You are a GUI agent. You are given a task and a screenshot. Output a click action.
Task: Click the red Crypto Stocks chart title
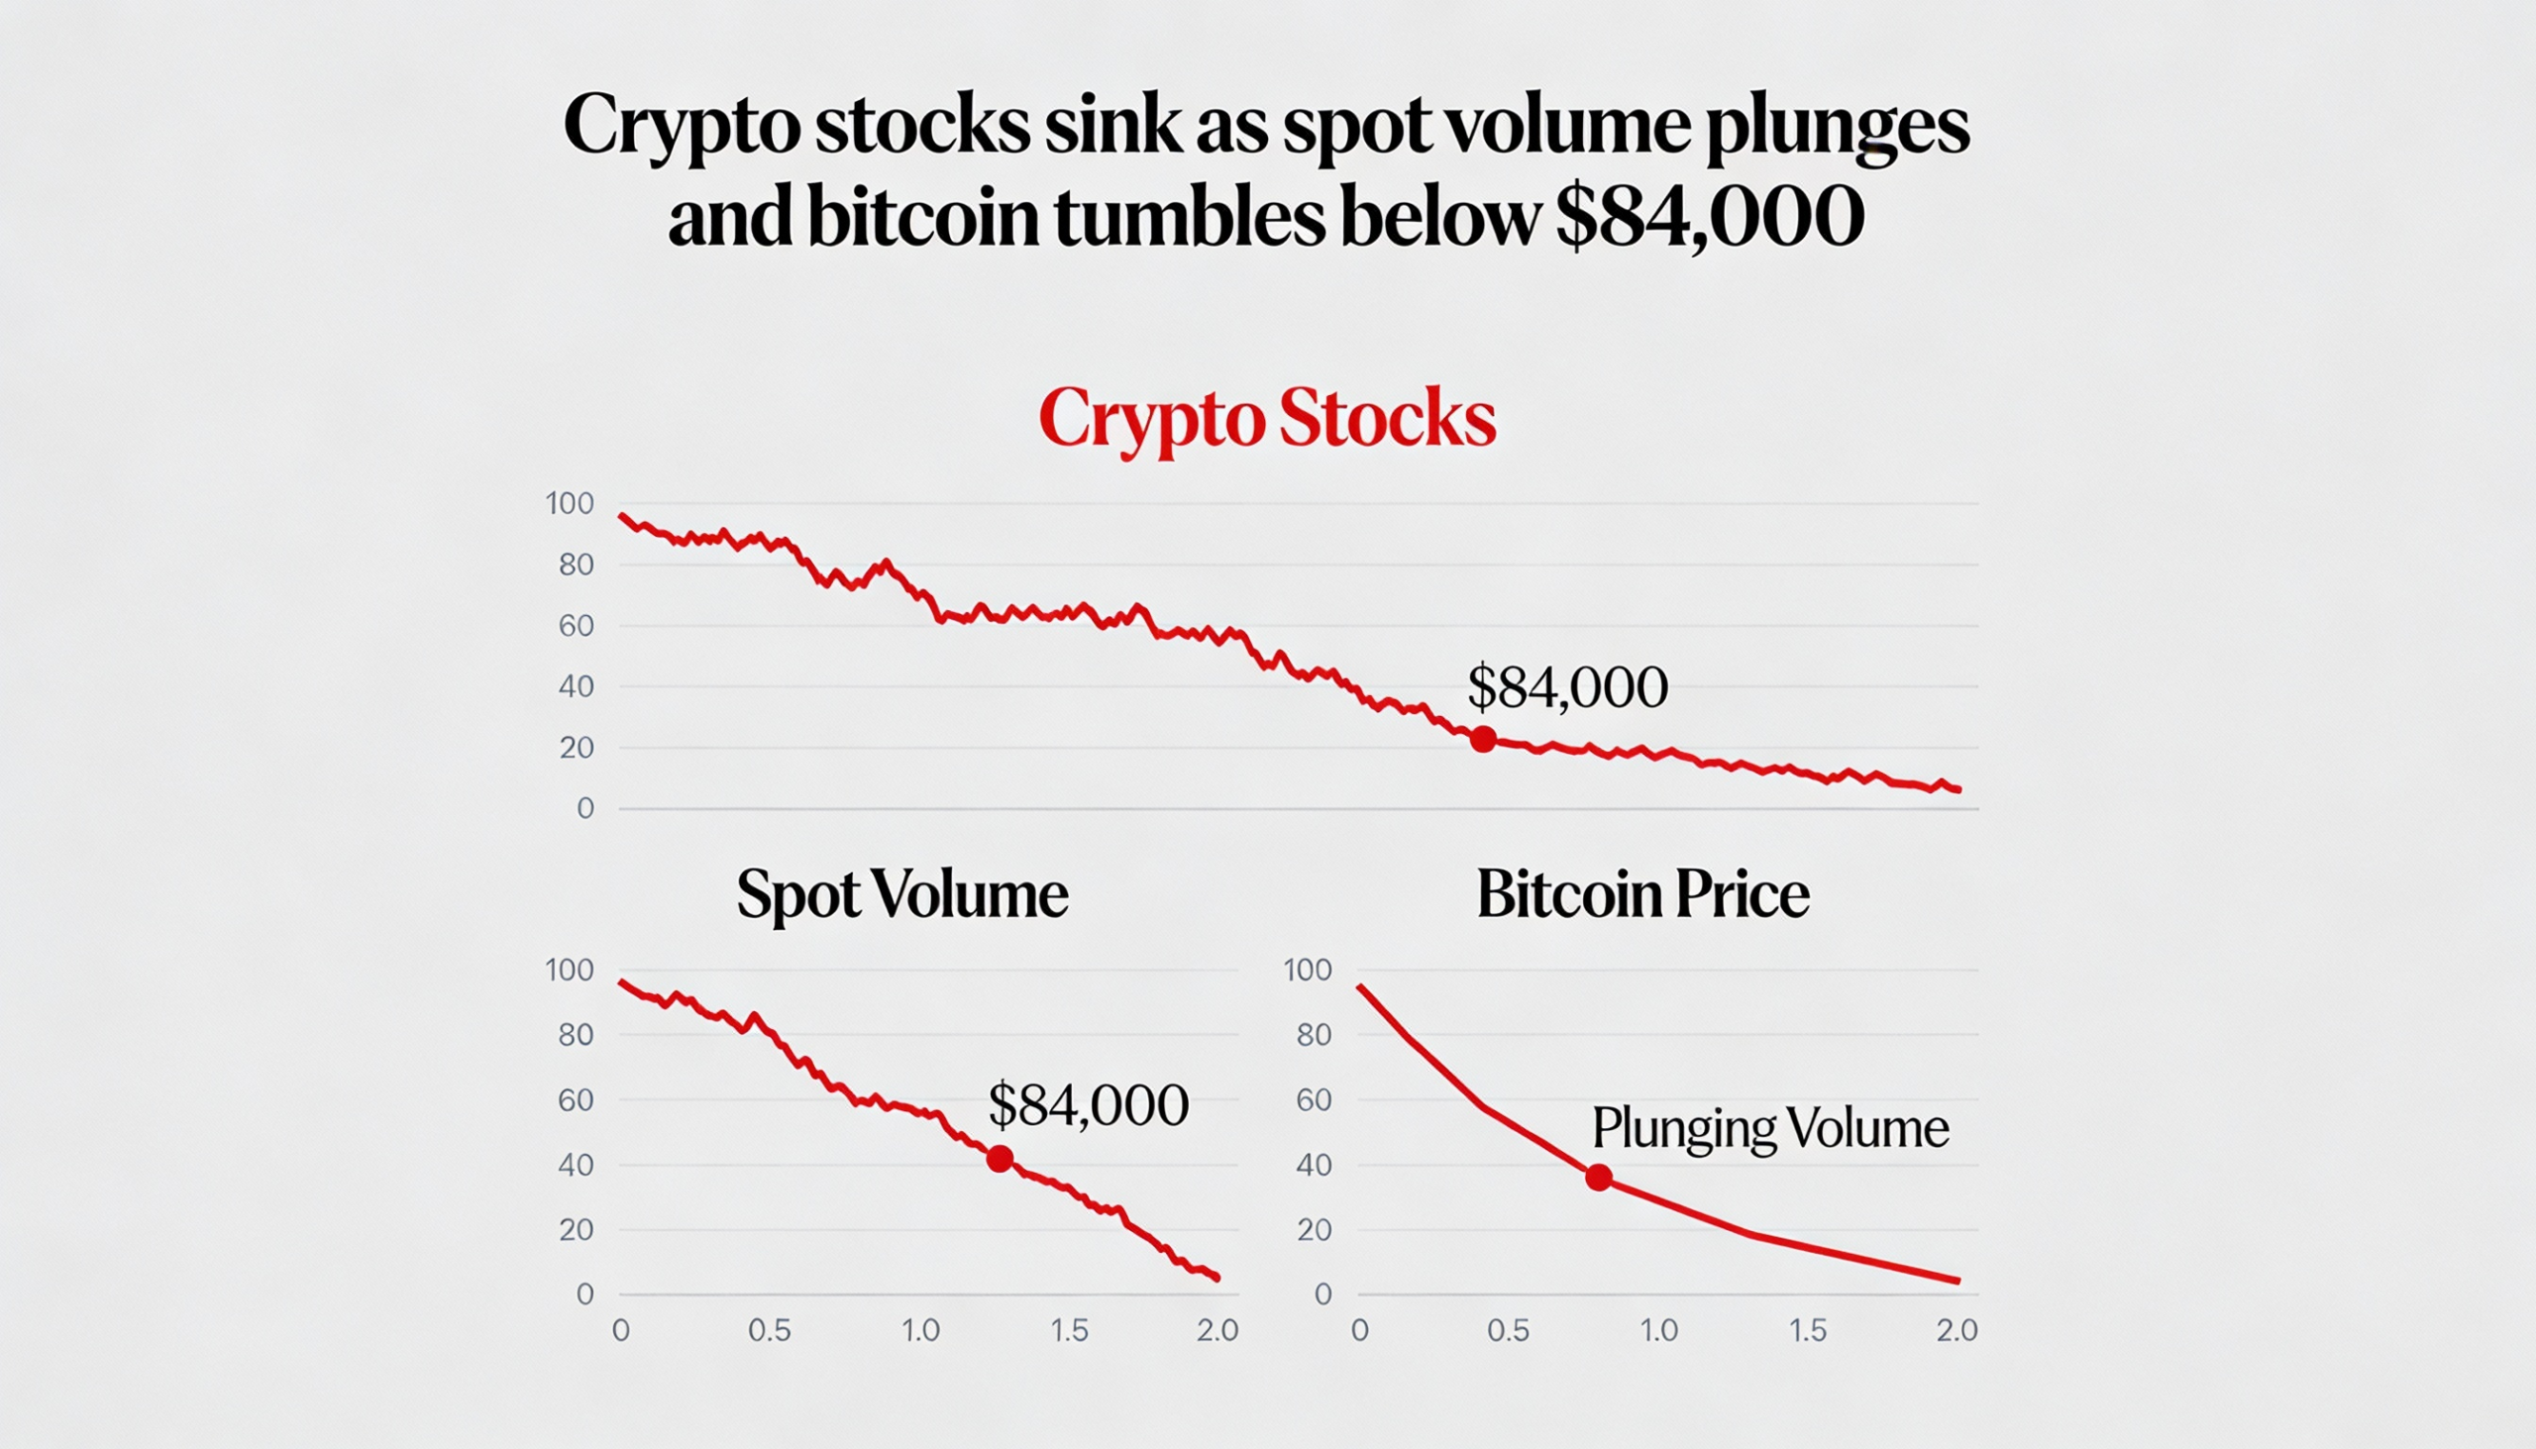[x=1267, y=418]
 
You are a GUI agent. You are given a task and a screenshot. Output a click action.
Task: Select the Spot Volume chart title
[x=901, y=893]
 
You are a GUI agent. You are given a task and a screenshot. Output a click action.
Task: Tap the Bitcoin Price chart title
[x=1642, y=893]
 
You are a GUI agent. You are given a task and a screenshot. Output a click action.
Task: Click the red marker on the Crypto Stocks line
[x=1483, y=740]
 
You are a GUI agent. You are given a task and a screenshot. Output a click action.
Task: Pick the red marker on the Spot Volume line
[x=1001, y=1159]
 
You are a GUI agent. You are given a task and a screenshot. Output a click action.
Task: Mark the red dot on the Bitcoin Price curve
[x=1599, y=1179]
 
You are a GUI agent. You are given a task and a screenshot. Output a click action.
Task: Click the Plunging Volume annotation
[x=1769, y=1128]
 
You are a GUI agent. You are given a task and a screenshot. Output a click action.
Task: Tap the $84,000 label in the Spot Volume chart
[x=1088, y=1104]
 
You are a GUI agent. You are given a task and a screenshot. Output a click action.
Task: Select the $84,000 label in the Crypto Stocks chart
[x=1567, y=686]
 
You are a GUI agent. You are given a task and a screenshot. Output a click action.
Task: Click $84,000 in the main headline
[x=1709, y=216]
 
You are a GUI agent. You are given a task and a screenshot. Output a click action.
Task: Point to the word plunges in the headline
[x=1838, y=128]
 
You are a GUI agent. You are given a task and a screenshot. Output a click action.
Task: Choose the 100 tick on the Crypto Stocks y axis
[x=570, y=503]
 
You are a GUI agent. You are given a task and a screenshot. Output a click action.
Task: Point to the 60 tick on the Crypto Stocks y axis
[x=576, y=626]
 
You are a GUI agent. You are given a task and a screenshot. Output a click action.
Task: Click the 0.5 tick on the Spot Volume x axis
[x=770, y=1330]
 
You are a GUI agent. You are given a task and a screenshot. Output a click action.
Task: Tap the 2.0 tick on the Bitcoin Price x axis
[x=1955, y=1330]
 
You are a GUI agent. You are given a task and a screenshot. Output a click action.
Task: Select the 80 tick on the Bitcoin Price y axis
[x=1314, y=1035]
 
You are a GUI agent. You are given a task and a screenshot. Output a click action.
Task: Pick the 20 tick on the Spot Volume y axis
[x=576, y=1230]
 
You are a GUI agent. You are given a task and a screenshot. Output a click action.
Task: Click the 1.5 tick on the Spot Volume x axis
[x=1069, y=1330]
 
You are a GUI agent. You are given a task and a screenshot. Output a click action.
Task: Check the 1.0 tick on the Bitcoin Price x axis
[x=1658, y=1330]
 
